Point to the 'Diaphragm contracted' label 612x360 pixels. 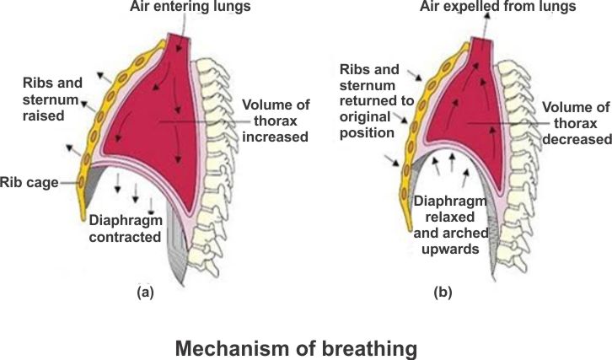click(x=125, y=228)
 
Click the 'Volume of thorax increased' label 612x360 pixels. click(x=274, y=121)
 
